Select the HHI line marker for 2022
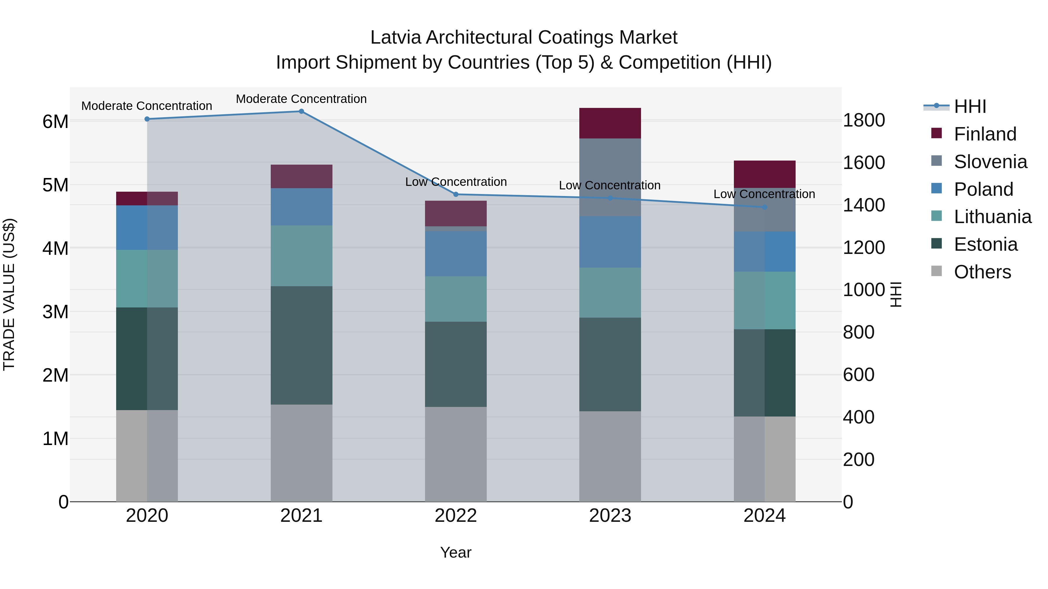456,194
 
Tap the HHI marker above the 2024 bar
764,207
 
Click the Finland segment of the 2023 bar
610,123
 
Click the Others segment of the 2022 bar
456,454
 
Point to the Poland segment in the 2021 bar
302,207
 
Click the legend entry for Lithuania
992,217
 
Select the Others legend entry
982,272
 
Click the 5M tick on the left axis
55,185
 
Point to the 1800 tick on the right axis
864,121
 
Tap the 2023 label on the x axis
610,516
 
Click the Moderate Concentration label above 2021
301,99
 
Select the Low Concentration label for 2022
456,182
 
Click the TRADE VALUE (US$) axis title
9,294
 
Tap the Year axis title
456,552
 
